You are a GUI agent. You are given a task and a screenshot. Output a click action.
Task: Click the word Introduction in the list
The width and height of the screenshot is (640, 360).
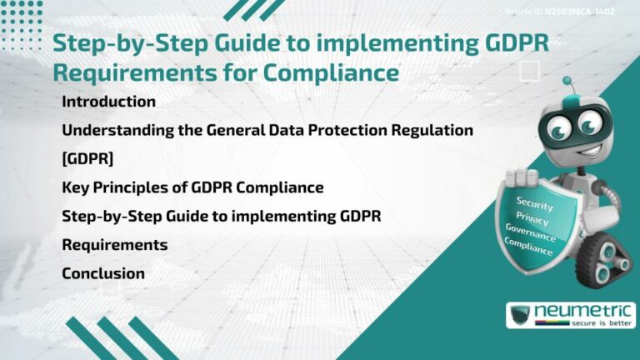pyautogui.click(x=109, y=102)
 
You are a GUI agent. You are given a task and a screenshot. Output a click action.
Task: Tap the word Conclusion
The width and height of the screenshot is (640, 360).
pyautogui.click(x=103, y=273)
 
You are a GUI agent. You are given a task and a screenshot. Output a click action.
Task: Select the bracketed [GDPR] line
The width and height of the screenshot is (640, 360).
pyautogui.click(x=87, y=158)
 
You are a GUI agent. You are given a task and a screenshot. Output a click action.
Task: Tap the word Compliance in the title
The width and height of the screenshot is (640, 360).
pyautogui.click(x=331, y=72)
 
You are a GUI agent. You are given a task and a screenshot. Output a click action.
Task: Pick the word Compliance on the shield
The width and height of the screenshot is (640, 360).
pyautogui.click(x=528, y=246)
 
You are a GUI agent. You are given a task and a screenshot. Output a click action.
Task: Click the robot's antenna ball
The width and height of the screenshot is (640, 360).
pyautogui.click(x=567, y=82)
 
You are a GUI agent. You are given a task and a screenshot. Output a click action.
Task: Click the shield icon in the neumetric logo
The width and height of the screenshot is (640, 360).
pyautogui.click(x=520, y=316)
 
